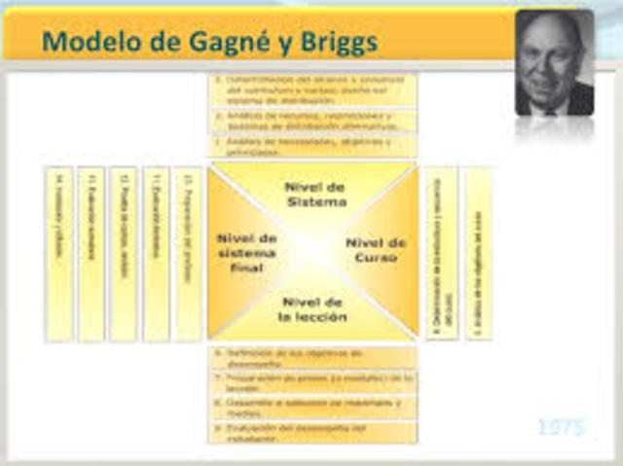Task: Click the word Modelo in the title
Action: (90, 41)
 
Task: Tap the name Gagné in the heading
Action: (227, 41)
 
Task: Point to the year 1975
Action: (562, 427)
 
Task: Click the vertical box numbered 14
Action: (59, 254)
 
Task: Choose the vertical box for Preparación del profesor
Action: (188, 254)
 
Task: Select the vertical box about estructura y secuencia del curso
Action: (441, 254)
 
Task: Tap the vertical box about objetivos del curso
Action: (478, 254)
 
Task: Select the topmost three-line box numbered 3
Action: (313, 90)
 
